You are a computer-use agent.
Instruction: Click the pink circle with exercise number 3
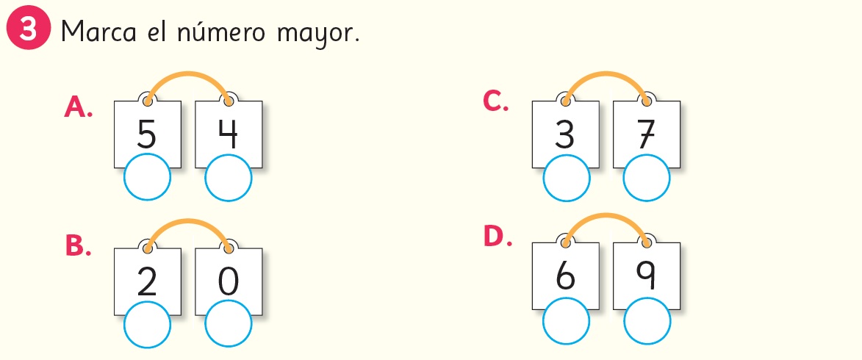tap(27, 32)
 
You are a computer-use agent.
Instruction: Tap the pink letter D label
tap(497, 237)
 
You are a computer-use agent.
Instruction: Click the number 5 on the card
tap(147, 134)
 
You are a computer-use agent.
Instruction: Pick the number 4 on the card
tap(228, 134)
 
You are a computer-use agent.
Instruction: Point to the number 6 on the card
tap(565, 276)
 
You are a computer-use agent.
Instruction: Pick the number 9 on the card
tap(647, 276)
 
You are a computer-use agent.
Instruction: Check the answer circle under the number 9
tap(647, 321)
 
